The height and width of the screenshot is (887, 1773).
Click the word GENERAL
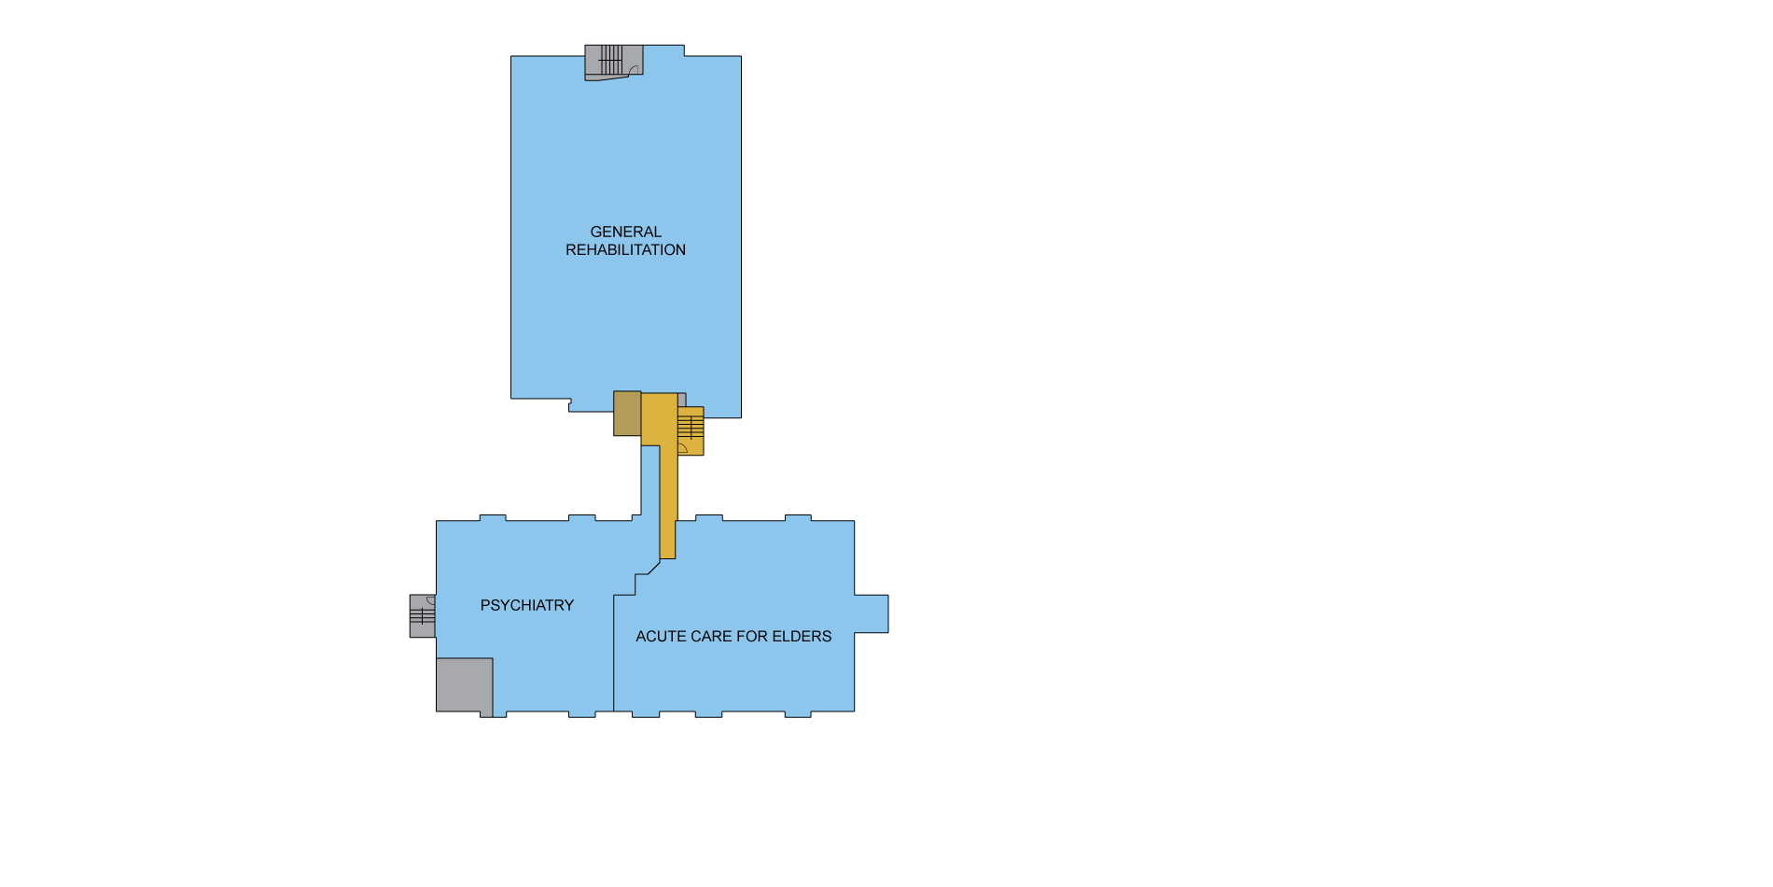pos(625,232)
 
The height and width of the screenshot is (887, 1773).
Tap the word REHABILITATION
pos(625,250)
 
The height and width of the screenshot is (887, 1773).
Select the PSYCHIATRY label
pos(527,605)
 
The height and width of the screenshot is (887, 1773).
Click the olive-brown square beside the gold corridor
pos(627,414)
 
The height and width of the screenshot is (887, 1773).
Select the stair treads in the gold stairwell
pos(691,426)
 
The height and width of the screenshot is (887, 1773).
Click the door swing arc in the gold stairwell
pos(684,447)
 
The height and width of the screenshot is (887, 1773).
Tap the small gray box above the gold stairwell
pos(682,400)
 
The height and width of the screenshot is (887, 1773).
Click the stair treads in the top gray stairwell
pos(611,60)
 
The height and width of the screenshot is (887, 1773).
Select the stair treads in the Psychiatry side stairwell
pos(422,615)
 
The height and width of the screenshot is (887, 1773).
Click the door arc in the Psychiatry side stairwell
pos(430,599)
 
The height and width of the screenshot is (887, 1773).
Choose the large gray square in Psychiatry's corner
pos(465,685)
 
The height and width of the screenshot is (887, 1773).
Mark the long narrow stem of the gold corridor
pos(667,502)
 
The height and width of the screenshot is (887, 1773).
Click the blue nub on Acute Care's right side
pos(872,613)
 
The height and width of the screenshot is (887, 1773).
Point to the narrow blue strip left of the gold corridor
pos(650,480)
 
